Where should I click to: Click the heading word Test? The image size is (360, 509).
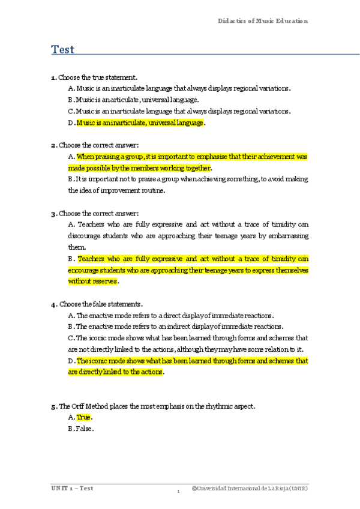point(62,49)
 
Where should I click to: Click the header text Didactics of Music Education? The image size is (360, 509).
point(262,21)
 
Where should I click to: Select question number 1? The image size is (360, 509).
point(53,77)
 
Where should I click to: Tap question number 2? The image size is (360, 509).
point(53,145)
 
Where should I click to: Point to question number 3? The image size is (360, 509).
point(53,213)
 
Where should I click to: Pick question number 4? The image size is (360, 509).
point(53,304)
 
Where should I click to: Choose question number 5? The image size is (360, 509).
point(53,406)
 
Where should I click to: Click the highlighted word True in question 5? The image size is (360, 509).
point(83,417)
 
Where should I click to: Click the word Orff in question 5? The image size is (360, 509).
point(77,406)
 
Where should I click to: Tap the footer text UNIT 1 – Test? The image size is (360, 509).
point(71,488)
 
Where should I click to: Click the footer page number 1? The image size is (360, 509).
point(178,492)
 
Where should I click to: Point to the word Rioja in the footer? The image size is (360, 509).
point(279,489)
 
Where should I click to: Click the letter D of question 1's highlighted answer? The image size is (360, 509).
point(71,123)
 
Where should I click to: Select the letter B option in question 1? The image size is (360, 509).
point(70,100)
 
